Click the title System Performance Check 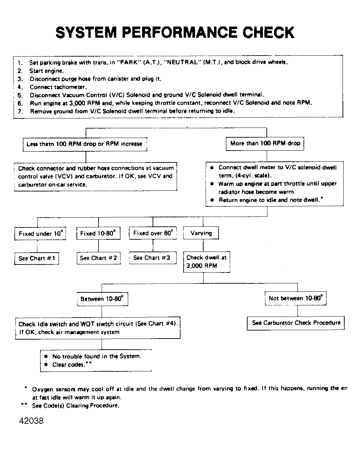coord(175,32)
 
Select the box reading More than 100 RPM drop coord(265,144)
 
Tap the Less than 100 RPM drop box coord(85,144)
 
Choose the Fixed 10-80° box coord(98,233)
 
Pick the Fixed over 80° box coord(153,233)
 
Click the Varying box coord(201,233)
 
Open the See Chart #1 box coord(37,259)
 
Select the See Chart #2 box coord(98,258)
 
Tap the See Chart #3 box coord(152,258)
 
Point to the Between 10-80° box coord(102,299)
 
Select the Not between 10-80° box coord(295,298)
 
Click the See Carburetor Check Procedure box coord(296,323)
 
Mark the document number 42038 coord(31,421)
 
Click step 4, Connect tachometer coord(58,87)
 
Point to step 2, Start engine coord(46,71)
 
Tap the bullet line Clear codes coord(68,365)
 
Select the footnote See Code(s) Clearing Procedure coord(75,406)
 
